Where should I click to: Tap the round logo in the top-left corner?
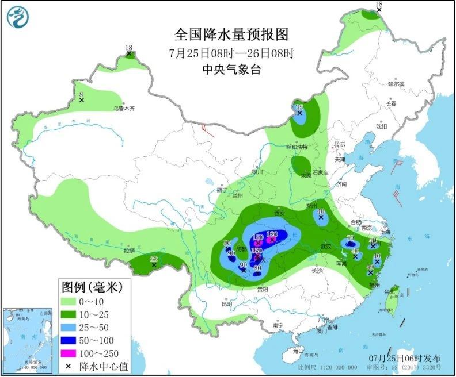tap(18, 17)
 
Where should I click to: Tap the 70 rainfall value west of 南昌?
tap(349, 239)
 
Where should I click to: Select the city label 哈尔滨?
tap(396, 84)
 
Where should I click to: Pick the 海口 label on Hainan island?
tap(298, 351)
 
